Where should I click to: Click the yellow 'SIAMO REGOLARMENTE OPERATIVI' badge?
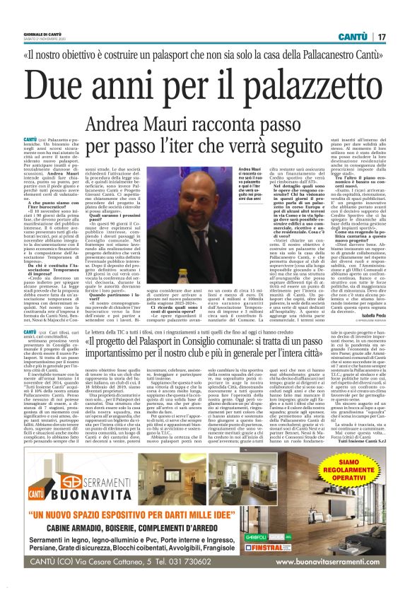(x=346, y=466)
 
